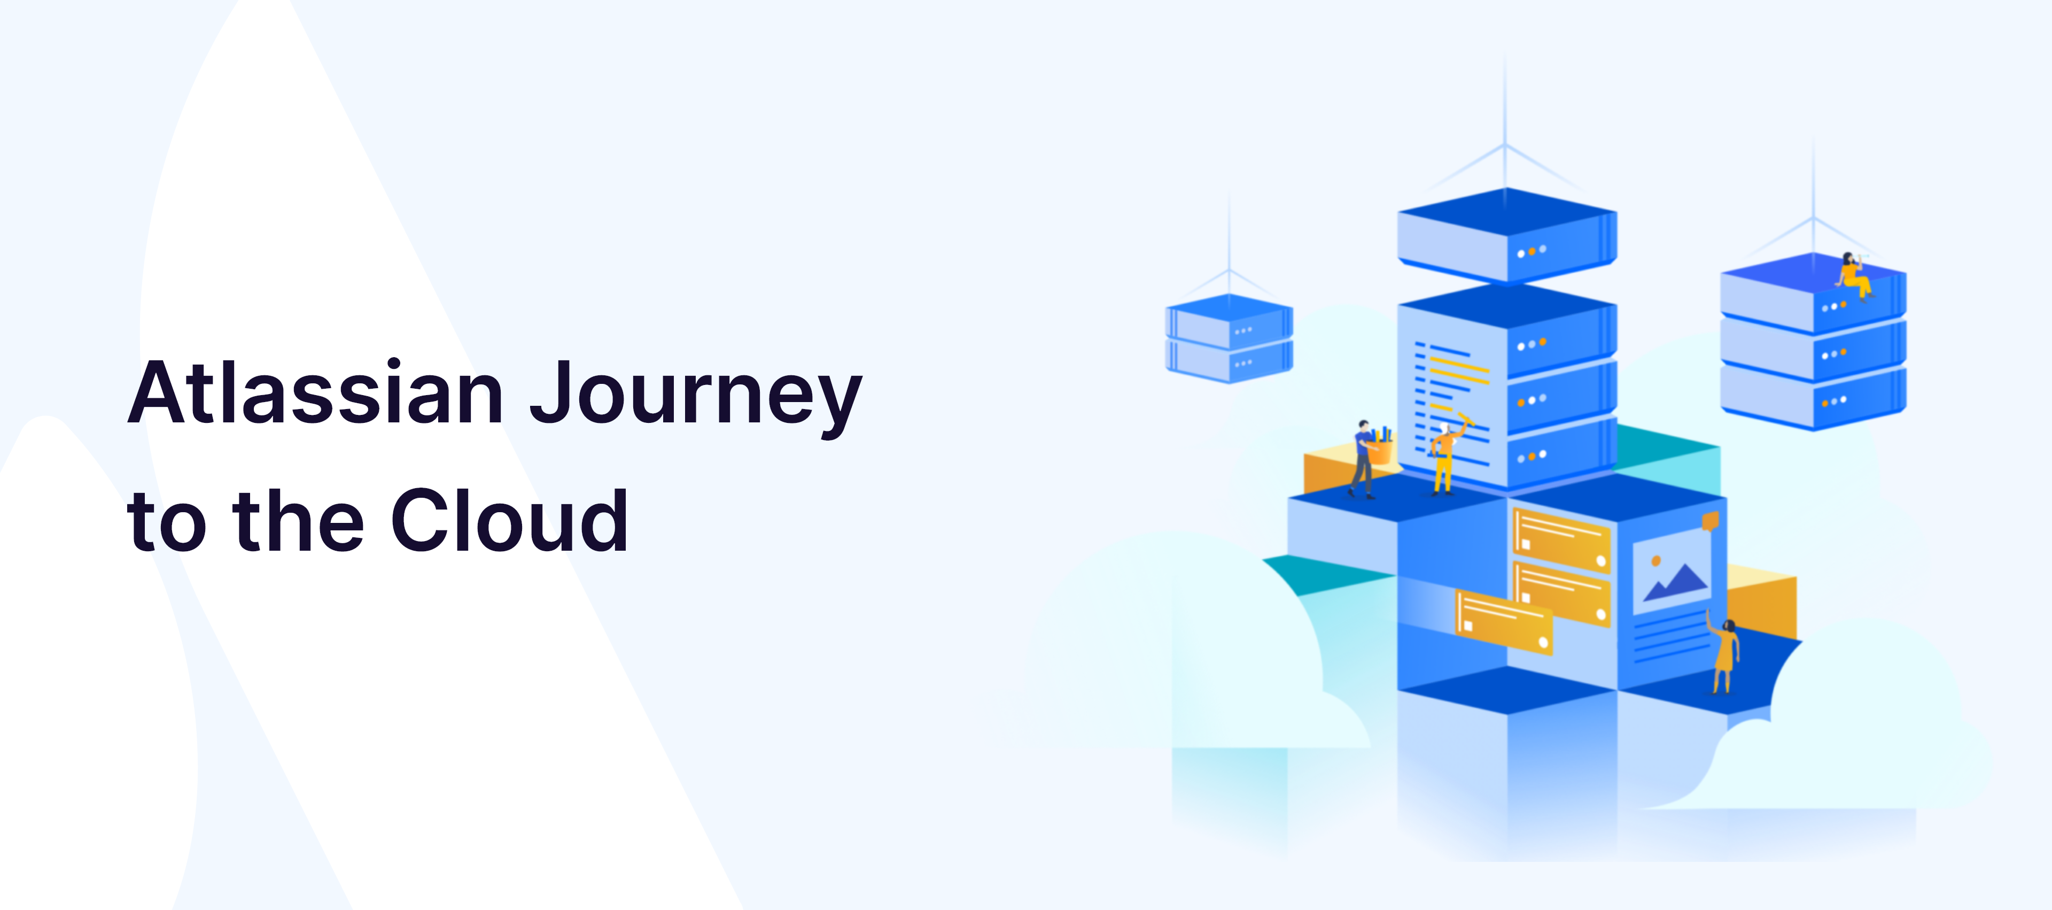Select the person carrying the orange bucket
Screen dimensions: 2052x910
(1363, 458)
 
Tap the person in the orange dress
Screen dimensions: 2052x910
(1723, 653)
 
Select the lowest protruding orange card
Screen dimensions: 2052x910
(1504, 621)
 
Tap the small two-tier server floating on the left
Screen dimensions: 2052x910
(1229, 338)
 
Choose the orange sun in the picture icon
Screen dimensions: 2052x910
(1656, 561)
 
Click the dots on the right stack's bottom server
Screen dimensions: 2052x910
(1834, 402)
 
